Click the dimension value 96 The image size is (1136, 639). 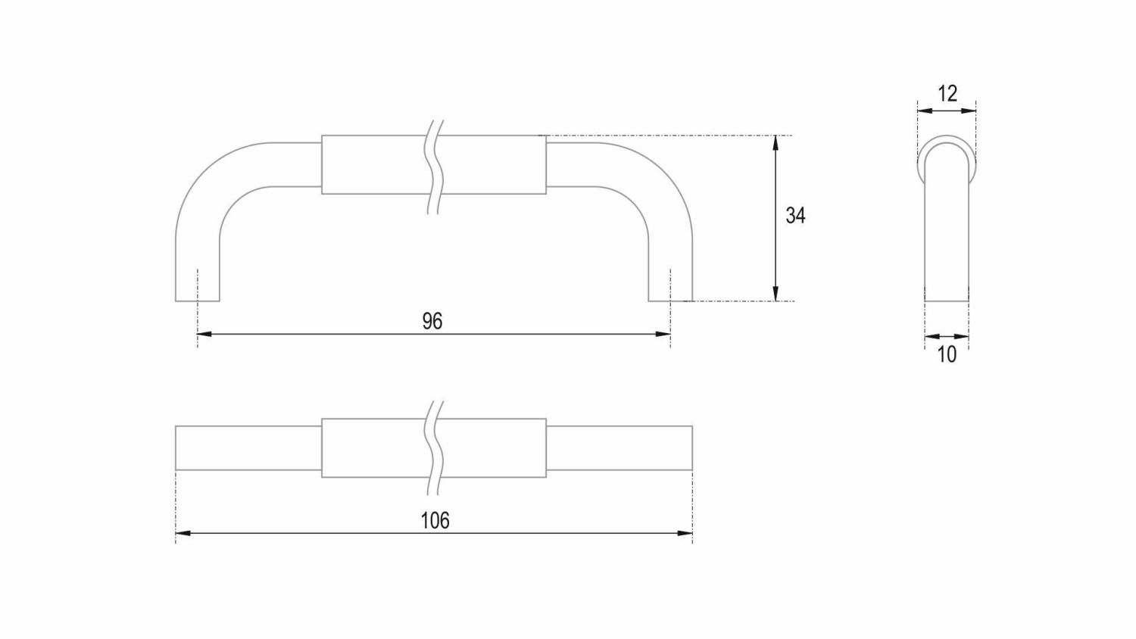coord(432,321)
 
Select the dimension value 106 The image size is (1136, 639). coord(435,520)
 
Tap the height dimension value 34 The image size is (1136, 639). coord(795,216)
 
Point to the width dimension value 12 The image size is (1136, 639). coord(947,93)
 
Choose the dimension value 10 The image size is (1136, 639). coord(947,354)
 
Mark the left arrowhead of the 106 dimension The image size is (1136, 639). coord(181,534)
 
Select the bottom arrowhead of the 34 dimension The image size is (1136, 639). coord(776,295)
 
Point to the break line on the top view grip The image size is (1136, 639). coord(434,447)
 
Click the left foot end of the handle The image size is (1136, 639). coord(198,300)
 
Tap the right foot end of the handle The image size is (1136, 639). coord(670,300)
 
